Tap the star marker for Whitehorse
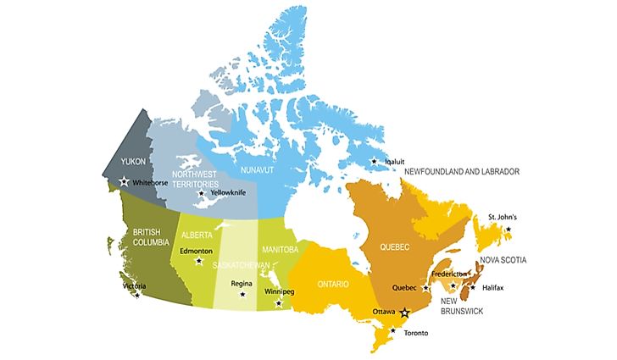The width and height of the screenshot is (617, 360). (125, 181)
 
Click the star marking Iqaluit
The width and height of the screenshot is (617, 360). (374, 161)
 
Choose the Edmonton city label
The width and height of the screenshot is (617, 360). (196, 251)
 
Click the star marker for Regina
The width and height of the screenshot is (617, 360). (242, 295)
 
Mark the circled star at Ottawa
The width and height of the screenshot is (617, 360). (405, 312)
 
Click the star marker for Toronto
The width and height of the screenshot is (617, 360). (392, 329)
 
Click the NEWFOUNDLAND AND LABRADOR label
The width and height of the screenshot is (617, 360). (461, 172)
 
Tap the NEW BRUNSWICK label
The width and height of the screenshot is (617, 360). (459, 306)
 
